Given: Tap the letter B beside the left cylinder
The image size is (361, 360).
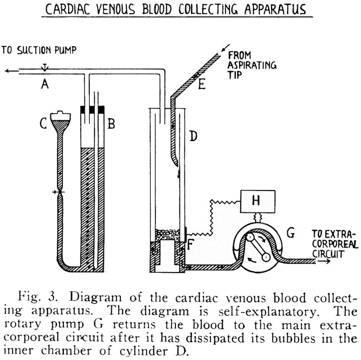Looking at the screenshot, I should (x=111, y=124).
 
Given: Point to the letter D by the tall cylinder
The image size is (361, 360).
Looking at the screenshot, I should (x=194, y=137).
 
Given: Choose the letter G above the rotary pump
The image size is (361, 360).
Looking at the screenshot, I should (x=291, y=232).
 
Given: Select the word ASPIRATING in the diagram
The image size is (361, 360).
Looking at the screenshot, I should (x=252, y=65).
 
